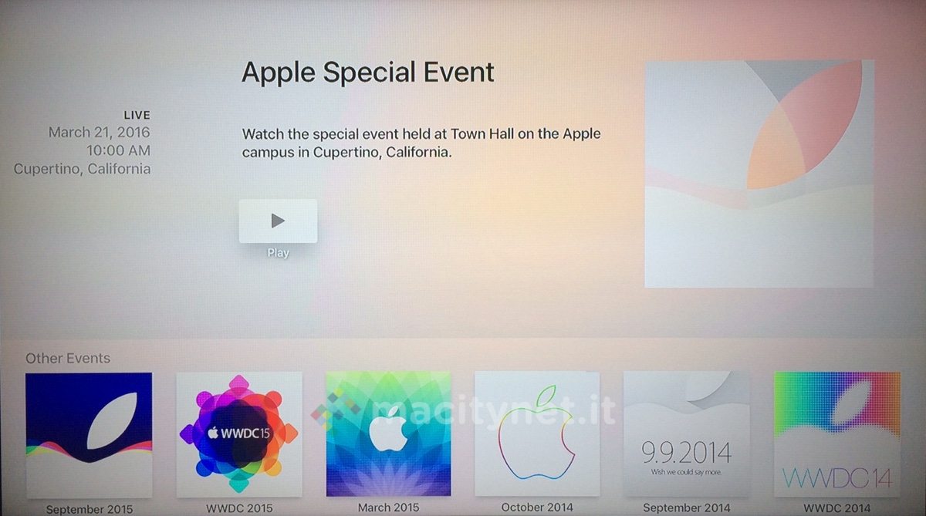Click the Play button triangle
[278, 221]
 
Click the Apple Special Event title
[367, 73]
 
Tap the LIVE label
[137, 115]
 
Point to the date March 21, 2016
[100, 132]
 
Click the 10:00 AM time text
[118, 150]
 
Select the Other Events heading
[68, 358]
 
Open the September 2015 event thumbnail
[89, 435]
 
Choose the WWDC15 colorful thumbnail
[239, 433]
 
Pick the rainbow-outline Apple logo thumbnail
[537, 433]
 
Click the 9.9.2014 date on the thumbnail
[686, 453]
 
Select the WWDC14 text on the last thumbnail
[837, 478]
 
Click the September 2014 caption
[686, 508]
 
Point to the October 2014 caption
[537, 508]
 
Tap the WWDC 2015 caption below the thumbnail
[239, 508]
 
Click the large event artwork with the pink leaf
[759, 174]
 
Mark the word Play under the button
[278, 253]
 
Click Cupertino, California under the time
[82, 169]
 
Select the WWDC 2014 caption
[837, 508]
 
